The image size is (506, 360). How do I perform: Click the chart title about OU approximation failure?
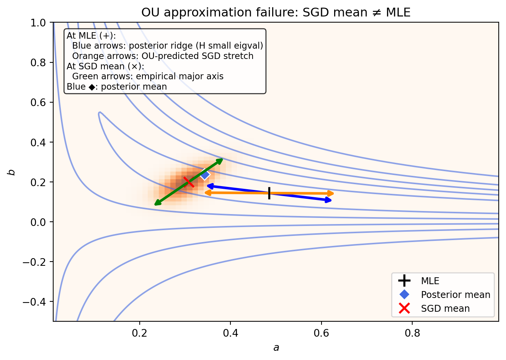click(276, 13)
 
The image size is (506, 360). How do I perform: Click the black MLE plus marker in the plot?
click(269, 193)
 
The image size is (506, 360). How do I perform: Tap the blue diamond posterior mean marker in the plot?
click(205, 175)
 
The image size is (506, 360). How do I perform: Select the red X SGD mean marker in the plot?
click(189, 182)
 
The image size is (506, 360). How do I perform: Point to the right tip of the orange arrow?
click(333, 193)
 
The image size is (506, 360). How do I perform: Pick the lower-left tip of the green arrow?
click(155, 205)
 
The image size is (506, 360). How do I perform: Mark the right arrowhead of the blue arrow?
click(330, 200)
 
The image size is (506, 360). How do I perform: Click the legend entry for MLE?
click(430, 281)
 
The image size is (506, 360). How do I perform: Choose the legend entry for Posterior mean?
click(455, 295)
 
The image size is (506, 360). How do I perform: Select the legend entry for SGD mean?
click(445, 309)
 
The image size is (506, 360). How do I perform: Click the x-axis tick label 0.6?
click(322, 333)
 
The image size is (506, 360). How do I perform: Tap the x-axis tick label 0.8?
click(412, 333)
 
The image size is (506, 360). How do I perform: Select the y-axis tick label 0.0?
click(39, 222)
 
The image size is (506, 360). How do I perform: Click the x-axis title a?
click(276, 348)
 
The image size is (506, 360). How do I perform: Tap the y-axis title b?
click(12, 172)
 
